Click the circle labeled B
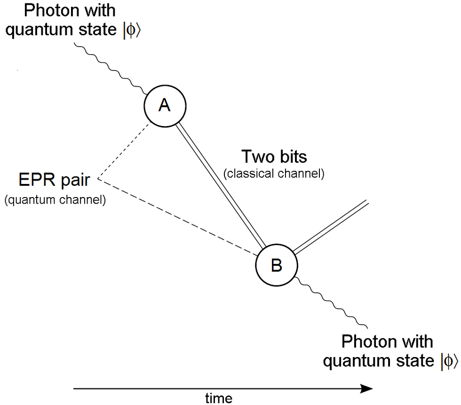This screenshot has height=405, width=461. (276, 265)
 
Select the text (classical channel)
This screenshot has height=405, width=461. (274, 174)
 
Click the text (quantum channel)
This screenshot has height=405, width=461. (55, 200)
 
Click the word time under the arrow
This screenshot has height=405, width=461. (218, 398)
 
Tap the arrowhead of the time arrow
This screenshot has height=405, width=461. (367, 389)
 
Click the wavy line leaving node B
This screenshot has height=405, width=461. (334, 303)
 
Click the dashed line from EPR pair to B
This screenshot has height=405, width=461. (179, 216)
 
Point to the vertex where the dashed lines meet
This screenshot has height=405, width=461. (99, 179)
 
